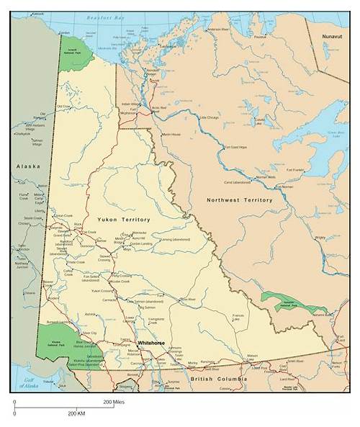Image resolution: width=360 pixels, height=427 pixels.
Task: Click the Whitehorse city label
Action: pyautogui.click(x=151, y=343)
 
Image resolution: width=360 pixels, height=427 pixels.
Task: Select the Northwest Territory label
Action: pyautogui.click(x=239, y=199)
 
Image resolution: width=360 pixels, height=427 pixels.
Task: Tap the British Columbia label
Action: pyautogui.click(x=219, y=378)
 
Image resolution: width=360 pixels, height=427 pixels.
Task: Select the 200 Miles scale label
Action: pyautogui.click(x=113, y=402)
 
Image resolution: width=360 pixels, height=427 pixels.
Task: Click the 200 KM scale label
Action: pyautogui.click(x=77, y=413)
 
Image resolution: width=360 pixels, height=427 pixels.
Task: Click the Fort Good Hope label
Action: pyautogui.click(x=235, y=147)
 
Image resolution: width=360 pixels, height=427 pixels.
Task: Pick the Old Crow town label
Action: pyautogui.click(x=65, y=107)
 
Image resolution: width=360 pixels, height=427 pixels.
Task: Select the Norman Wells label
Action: pyautogui.click(x=266, y=176)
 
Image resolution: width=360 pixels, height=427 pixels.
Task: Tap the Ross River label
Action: pyautogui.click(x=188, y=299)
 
